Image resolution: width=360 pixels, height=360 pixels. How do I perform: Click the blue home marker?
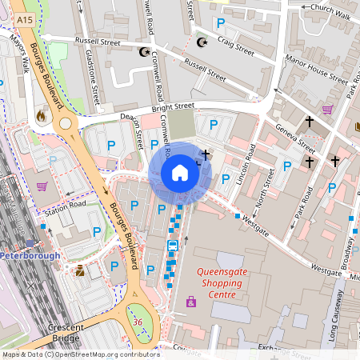[x=180, y=173]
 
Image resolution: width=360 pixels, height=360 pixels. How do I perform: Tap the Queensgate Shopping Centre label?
[x=217, y=283]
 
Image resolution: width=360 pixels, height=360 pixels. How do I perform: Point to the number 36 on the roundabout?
[x=138, y=322]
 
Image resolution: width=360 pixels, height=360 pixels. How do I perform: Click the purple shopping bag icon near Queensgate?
[x=191, y=302]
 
